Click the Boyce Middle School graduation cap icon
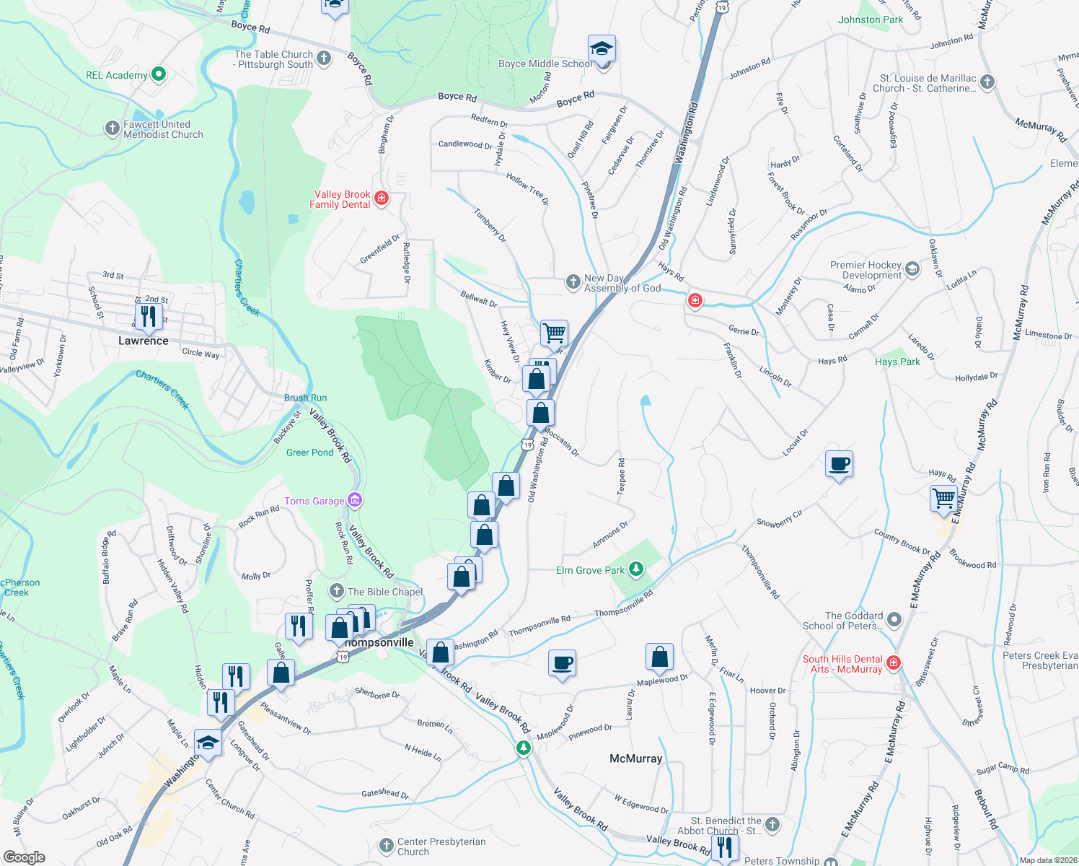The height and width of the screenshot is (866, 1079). coord(602,49)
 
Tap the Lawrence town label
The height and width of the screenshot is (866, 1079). coord(144,341)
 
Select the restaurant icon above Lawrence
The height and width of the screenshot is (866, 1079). coord(148,316)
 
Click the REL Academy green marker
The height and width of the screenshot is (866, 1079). coord(159,74)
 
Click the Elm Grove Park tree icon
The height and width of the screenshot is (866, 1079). coord(635,569)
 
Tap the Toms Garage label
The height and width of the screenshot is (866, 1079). coord(314,501)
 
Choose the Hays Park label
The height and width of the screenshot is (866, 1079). coord(897,362)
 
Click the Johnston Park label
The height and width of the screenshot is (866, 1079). coord(871,19)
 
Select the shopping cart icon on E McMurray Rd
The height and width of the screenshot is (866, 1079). coord(943,499)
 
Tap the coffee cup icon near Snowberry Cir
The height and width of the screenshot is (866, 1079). coord(840,464)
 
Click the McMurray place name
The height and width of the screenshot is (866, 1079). coord(635,758)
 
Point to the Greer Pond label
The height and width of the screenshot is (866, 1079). coord(310,452)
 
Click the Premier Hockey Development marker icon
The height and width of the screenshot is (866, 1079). coord(912,269)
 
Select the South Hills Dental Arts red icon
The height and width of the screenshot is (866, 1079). coord(894,662)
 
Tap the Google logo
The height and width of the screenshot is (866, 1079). coord(24,857)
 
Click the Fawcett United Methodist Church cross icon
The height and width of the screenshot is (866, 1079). coord(112,128)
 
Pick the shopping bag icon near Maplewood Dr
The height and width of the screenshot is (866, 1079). coord(659,657)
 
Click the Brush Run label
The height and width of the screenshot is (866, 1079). coord(305,398)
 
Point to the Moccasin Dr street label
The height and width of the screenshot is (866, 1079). coord(561,442)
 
